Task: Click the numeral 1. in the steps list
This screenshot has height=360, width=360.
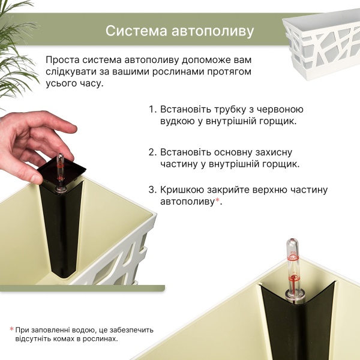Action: pyautogui.click(x=152, y=110)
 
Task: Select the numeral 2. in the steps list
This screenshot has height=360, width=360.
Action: pyautogui.click(x=152, y=152)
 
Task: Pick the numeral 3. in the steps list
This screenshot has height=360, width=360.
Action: pyautogui.click(x=152, y=190)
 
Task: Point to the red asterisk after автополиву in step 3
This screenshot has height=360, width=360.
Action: pyautogui.click(x=218, y=200)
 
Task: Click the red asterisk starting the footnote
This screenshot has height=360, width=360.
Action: pyautogui.click(x=11, y=329)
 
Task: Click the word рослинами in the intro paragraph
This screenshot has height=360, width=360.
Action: pyautogui.click(x=199, y=72)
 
